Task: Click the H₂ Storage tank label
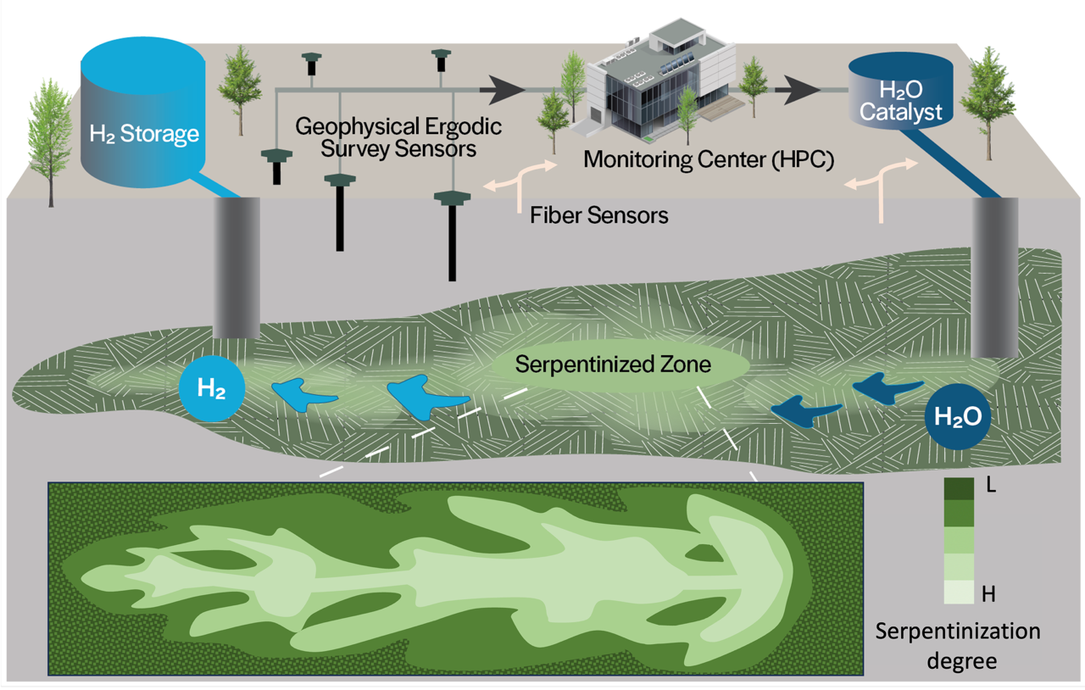pyautogui.click(x=144, y=134)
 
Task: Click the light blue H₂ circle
pyautogui.click(x=211, y=390)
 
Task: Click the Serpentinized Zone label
pyautogui.click(x=613, y=366)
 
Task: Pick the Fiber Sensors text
pyautogui.click(x=599, y=215)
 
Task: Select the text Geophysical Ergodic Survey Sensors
pyautogui.click(x=398, y=137)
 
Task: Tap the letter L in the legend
pyautogui.click(x=987, y=486)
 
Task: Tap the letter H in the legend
pyautogui.click(x=988, y=594)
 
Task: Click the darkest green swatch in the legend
pyautogui.click(x=960, y=488)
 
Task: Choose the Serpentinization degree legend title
pyautogui.click(x=959, y=645)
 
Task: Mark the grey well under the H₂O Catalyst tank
pyautogui.click(x=994, y=275)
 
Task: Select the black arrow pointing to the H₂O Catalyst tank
pyautogui.click(x=798, y=88)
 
